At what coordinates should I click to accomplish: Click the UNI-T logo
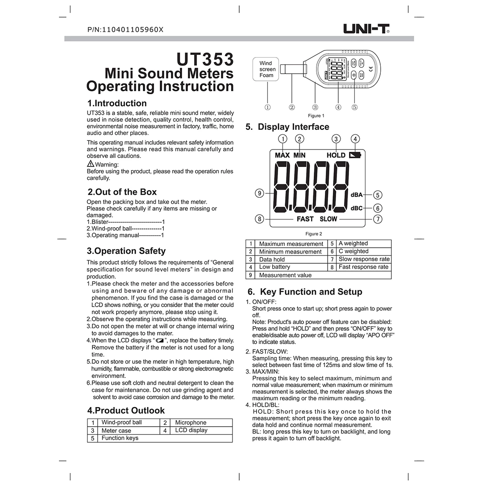coord(366,29)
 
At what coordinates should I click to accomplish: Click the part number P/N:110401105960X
coord(126,30)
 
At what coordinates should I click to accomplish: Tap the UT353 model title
coord(205,60)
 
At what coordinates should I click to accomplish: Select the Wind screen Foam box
coord(267,69)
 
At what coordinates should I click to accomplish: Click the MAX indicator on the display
coord(282,155)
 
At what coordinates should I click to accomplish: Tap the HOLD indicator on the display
coord(336,155)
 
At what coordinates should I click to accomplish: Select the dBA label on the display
coord(357,195)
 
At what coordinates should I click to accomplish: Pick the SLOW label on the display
coord(328,219)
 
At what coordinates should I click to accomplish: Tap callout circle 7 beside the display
coord(378,219)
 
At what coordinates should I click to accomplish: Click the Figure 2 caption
coord(314,233)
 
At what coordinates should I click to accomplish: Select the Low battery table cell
coord(274,267)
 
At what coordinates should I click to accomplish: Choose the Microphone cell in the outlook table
coord(191,423)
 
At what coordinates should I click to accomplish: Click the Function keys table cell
coord(120,438)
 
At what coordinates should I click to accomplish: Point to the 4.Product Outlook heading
coord(126,411)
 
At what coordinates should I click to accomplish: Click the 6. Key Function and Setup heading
coord(304,292)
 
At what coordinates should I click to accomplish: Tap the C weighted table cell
coord(353,251)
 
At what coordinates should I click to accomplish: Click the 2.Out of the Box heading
coord(122,192)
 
